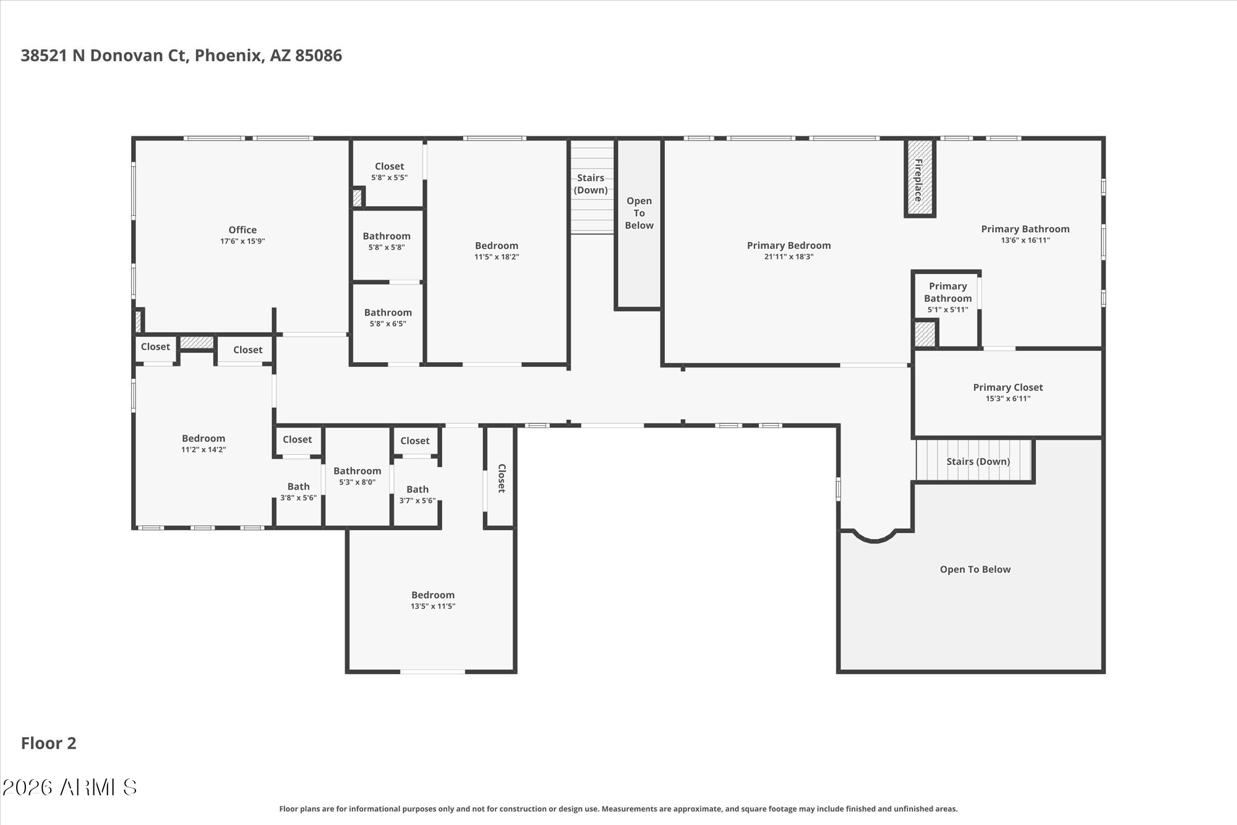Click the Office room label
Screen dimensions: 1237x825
(242, 230)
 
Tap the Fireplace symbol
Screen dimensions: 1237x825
(920, 178)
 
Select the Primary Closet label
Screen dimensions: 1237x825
(1008, 387)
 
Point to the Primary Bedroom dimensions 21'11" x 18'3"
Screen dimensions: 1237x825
(789, 257)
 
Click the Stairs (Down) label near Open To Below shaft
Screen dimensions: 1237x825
(591, 184)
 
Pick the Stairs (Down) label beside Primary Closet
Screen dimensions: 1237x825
(978, 461)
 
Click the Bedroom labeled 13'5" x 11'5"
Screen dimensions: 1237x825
(433, 595)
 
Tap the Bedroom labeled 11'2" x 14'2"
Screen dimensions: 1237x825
(203, 438)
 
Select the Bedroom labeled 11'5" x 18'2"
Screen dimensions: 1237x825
(497, 246)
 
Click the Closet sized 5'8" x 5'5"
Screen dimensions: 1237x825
(389, 166)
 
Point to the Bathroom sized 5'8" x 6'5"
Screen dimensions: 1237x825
(388, 313)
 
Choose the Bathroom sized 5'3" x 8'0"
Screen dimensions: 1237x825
(357, 471)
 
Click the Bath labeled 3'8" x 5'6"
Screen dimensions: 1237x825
(298, 486)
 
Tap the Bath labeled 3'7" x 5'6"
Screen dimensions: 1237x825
(417, 490)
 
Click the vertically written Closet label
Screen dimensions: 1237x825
(502, 478)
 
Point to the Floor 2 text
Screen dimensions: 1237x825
(49, 743)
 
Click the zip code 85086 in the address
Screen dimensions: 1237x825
(319, 56)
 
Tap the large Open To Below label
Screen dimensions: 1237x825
(975, 569)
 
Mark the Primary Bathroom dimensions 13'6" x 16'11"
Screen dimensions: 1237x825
(1025, 241)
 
